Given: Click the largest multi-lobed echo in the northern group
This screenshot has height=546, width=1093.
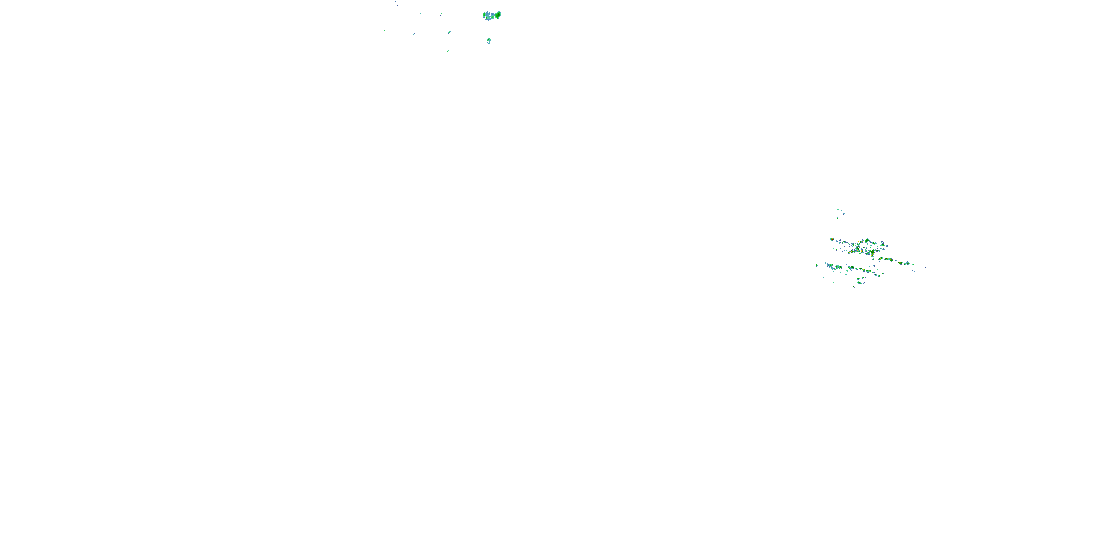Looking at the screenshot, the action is click(492, 16).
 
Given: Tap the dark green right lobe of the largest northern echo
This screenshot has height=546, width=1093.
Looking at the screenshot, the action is click(498, 15).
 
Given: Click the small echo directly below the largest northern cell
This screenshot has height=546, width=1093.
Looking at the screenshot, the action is click(489, 41).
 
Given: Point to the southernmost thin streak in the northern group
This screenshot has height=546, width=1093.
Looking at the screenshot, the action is click(448, 51).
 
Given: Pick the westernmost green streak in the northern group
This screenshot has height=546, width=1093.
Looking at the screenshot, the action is click(384, 31).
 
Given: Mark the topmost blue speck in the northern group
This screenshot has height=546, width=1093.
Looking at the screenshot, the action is click(395, 2).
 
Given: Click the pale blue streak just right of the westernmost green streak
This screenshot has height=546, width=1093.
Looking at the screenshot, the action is click(413, 34).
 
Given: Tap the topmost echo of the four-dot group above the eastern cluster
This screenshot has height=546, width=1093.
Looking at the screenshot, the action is click(838, 209).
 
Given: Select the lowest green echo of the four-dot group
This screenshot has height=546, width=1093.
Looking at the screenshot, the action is click(838, 218).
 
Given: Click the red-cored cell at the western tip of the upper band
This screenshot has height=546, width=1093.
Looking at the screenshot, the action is click(832, 240).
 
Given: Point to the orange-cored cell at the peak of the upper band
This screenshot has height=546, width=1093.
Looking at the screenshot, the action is click(867, 240).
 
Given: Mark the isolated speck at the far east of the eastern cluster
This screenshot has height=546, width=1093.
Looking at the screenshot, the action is click(925, 267).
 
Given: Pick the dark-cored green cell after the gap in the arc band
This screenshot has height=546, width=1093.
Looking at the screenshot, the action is click(900, 263).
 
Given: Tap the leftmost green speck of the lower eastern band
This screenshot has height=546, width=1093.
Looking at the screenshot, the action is click(817, 265).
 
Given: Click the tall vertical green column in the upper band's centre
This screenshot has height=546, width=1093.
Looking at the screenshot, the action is click(858, 248).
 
